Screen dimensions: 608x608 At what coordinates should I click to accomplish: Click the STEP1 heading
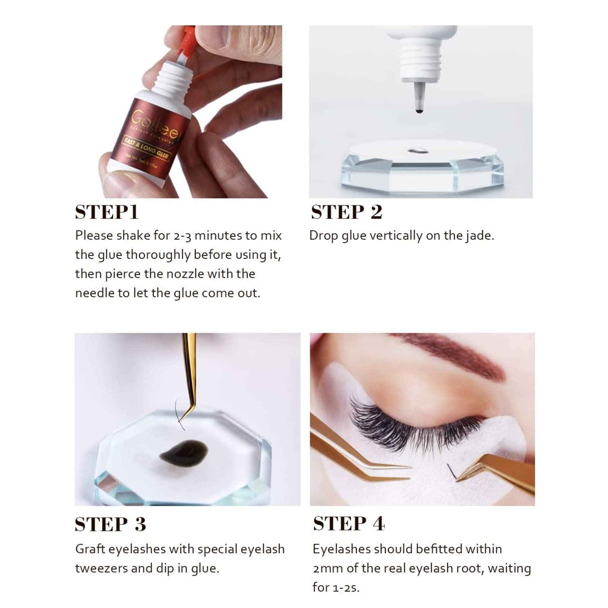click(106, 212)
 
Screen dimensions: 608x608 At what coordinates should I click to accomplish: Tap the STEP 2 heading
click(346, 212)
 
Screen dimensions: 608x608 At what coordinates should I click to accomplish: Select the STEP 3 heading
click(110, 524)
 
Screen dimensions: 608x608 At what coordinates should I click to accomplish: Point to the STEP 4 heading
click(349, 524)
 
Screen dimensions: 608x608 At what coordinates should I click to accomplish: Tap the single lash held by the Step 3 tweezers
click(180, 414)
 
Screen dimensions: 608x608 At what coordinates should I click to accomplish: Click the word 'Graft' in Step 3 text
click(90, 549)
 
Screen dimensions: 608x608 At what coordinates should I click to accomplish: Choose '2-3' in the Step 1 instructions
click(182, 236)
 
